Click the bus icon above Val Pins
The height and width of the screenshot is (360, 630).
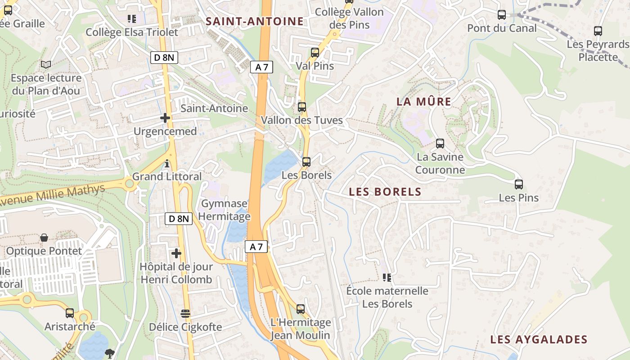(x=315, y=52)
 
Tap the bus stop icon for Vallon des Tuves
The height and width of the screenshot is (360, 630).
(x=302, y=107)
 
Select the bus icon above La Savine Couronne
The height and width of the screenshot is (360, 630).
(x=440, y=144)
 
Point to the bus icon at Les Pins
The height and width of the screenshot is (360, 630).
(x=519, y=184)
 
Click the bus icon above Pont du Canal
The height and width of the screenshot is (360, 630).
(x=502, y=15)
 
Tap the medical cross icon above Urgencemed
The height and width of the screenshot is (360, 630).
(x=165, y=118)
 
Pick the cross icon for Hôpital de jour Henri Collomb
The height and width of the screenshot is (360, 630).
(x=176, y=253)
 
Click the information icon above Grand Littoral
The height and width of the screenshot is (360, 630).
(x=167, y=163)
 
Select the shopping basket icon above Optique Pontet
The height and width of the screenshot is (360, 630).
(x=44, y=238)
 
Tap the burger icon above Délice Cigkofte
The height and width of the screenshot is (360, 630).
(x=185, y=313)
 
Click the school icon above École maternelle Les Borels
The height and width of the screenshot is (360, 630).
(x=387, y=278)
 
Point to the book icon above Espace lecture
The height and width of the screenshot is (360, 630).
(x=46, y=64)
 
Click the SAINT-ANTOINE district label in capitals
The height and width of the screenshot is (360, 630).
(x=255, y=21)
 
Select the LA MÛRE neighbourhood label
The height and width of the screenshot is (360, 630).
(x=423, y=102)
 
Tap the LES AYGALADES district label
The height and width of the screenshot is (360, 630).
(x=539, y=339)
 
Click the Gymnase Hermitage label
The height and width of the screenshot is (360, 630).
(x=224, y=210)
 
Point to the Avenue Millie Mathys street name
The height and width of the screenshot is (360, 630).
(x=53, y=195)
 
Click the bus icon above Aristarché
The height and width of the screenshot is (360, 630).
(x=70, y=313)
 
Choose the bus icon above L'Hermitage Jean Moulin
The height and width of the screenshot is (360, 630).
(x=301, y=309)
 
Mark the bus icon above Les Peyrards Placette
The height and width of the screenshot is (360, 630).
(x=598, y=31)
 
